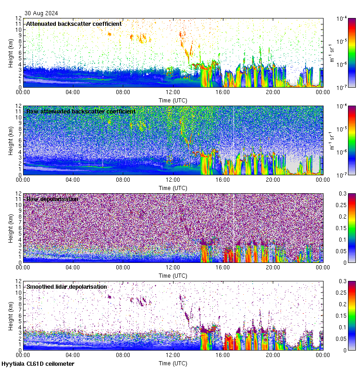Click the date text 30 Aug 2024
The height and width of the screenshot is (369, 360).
(42, 13)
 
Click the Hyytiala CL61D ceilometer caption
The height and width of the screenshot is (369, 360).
(38, 364)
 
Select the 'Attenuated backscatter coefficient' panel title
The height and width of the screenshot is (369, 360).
(74, 24)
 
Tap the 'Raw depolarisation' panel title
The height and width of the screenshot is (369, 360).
(52, 199)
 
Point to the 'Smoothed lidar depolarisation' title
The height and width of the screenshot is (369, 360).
(66, 286)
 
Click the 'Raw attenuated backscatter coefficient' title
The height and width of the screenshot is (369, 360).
(81, 111)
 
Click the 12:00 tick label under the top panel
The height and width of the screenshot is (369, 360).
(173, 92)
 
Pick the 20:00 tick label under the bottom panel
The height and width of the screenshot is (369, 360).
(273, 355)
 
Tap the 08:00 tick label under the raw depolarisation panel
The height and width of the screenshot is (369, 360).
(123, 267)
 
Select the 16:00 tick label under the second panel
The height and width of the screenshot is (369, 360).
(222, 179)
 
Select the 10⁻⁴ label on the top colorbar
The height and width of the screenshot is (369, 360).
(342, 18)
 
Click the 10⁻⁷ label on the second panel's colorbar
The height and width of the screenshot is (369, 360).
(342, 175)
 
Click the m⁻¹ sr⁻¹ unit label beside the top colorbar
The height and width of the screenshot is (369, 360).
(331, 52)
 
